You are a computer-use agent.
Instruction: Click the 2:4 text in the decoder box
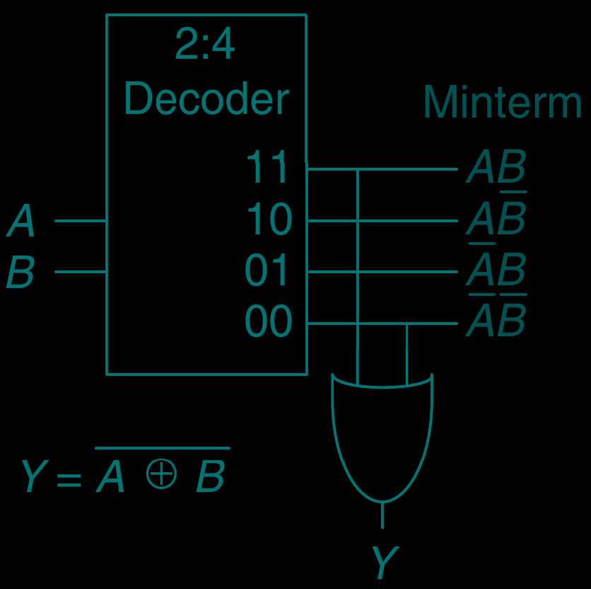[x=205, y=46]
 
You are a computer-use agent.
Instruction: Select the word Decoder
[x=206, y=99]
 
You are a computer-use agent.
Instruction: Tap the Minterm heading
[x=502, y=103]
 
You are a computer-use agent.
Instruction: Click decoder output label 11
[x=268, y=168]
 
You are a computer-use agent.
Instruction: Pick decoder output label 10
[x=269, y=219]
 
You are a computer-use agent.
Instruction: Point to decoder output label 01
[x=268, y=271]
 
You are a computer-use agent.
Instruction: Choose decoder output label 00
[x=268, y=322]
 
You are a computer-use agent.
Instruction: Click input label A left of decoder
[x=21, y=222]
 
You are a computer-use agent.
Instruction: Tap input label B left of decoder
[x=21, y=273]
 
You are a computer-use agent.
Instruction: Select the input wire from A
[x=80, y=221]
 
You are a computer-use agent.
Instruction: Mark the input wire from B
[x=80, y=272]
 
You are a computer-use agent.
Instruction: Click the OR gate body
[x=382, y=432]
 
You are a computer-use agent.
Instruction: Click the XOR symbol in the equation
[x=161, y=474]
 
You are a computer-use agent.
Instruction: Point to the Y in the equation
[x=33, y=477]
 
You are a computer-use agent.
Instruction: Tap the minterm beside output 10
[x=496, y=219]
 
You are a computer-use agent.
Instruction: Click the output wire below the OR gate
[x=382, y=515]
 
